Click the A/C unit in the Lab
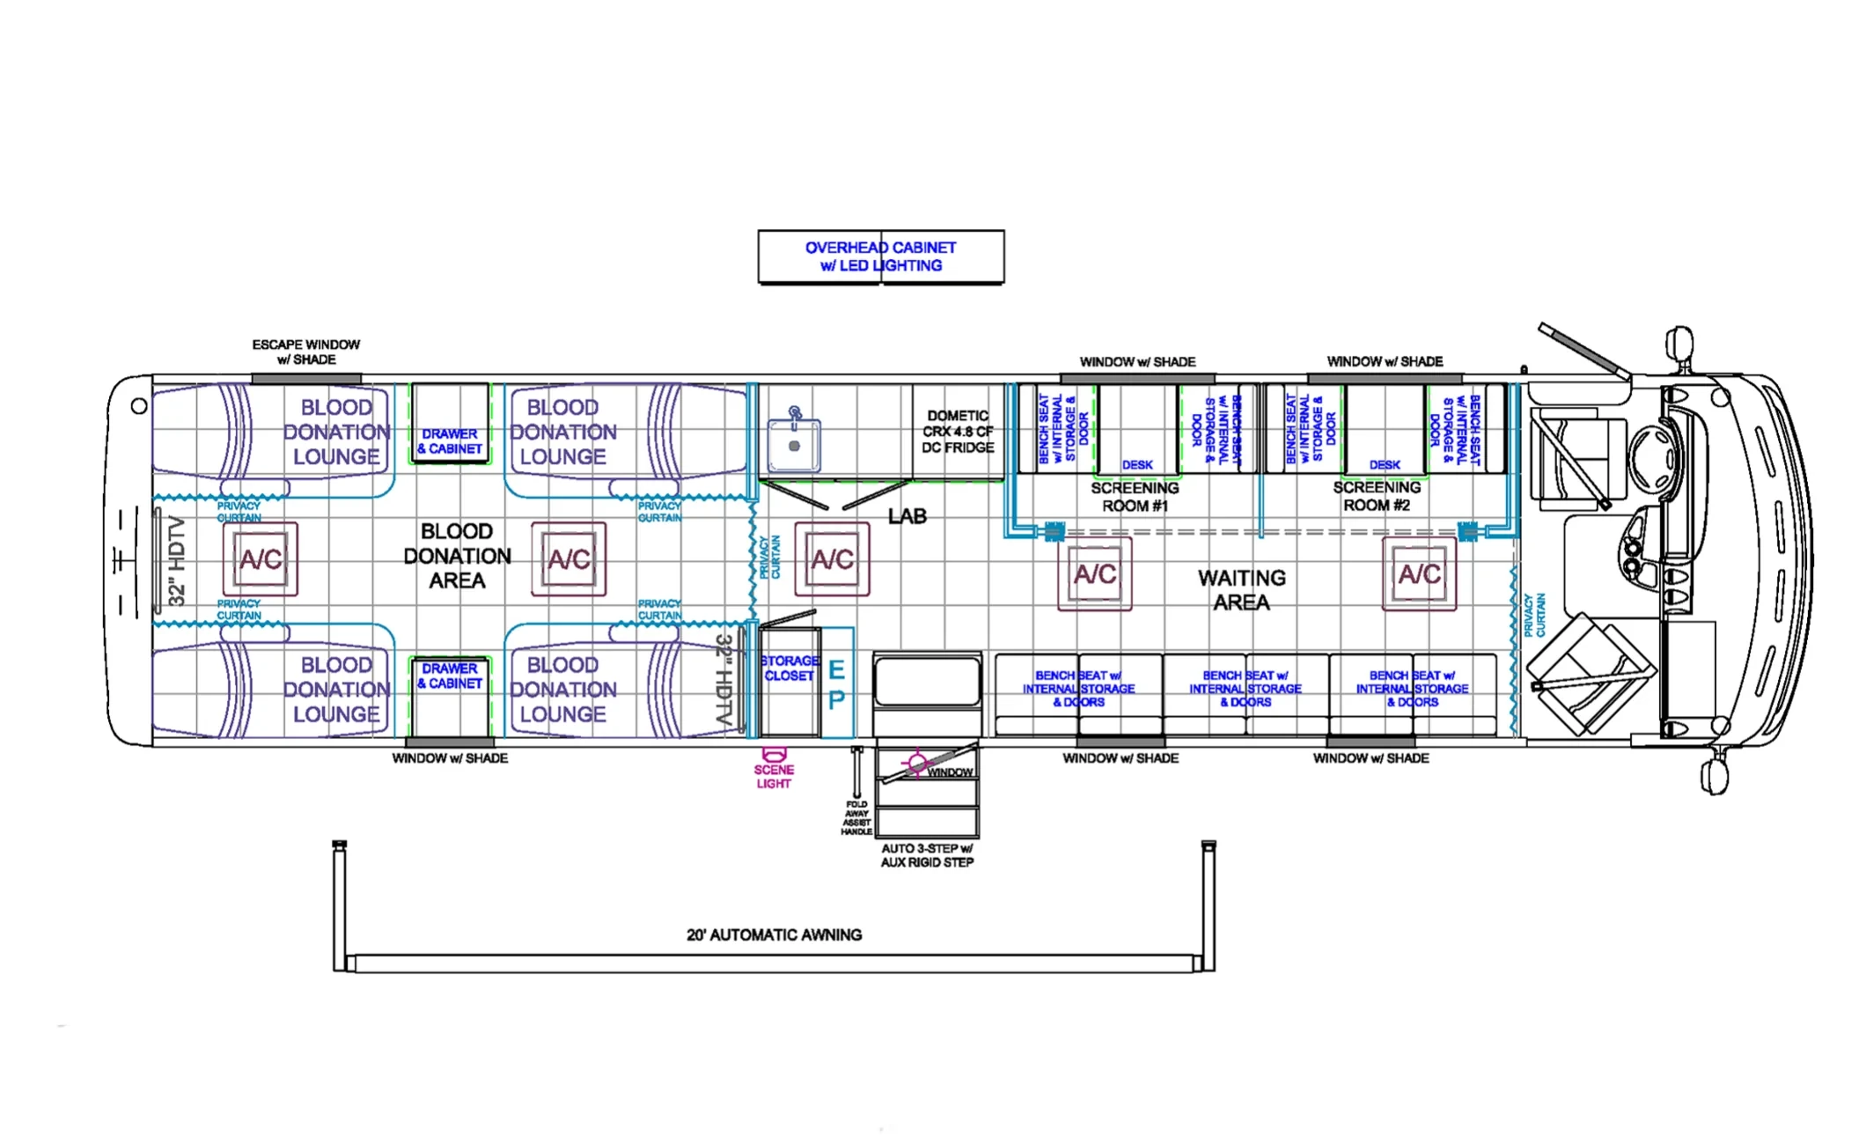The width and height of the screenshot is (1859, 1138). [x=832, y=559]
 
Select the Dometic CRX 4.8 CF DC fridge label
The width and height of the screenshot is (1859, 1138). [x=958, y=432]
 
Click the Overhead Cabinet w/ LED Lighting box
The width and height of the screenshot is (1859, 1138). [x=880, y=256]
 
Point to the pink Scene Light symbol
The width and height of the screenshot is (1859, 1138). [x=774, y=755]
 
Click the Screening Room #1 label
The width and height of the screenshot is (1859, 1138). [x=1135, y=497]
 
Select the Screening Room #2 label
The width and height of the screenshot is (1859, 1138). [x=1377, y=496]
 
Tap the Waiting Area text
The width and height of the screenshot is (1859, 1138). [x=1241, y=590]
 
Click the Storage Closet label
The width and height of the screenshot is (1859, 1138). [x=789, y=669]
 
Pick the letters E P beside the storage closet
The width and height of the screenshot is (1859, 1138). [x=836, y=685]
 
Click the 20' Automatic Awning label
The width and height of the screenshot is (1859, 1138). [x=774, y=935]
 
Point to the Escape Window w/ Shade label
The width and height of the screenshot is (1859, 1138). [x=305, y=351]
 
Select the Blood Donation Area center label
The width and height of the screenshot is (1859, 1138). [x=457, y=556]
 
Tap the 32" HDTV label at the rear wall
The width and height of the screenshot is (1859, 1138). [x=178, y=561]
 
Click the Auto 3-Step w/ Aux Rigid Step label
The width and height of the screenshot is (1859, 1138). [x=927, y=855]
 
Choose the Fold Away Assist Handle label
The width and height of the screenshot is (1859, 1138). [x=856, y=817]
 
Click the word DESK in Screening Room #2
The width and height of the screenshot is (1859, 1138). [x=1384, y=464]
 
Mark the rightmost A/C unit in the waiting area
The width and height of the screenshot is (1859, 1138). [x=1419, y=574]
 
